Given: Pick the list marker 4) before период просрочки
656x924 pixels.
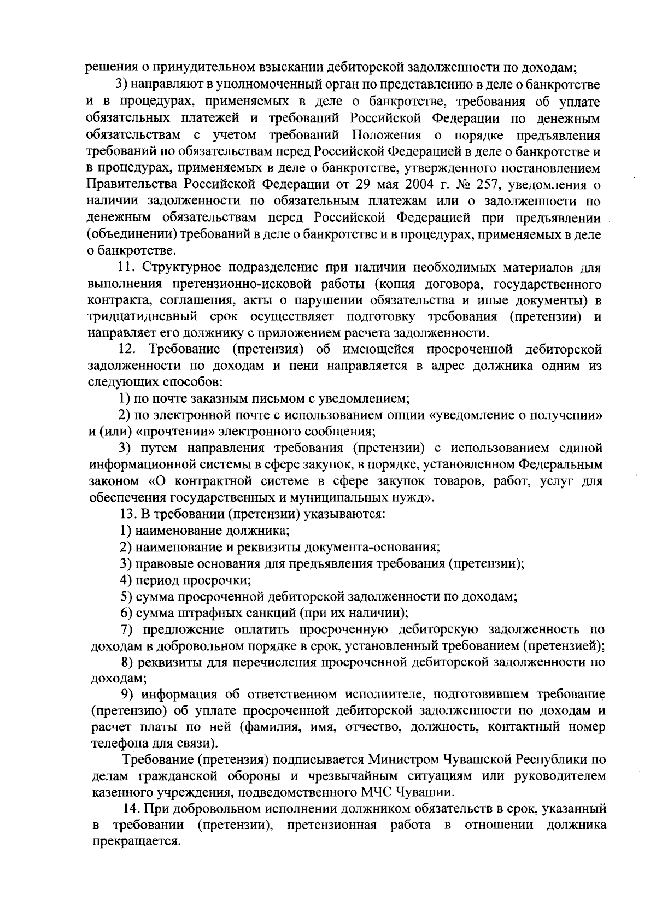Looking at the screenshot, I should [127, 580].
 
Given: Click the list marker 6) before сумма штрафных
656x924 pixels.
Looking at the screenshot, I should [127, 613].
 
